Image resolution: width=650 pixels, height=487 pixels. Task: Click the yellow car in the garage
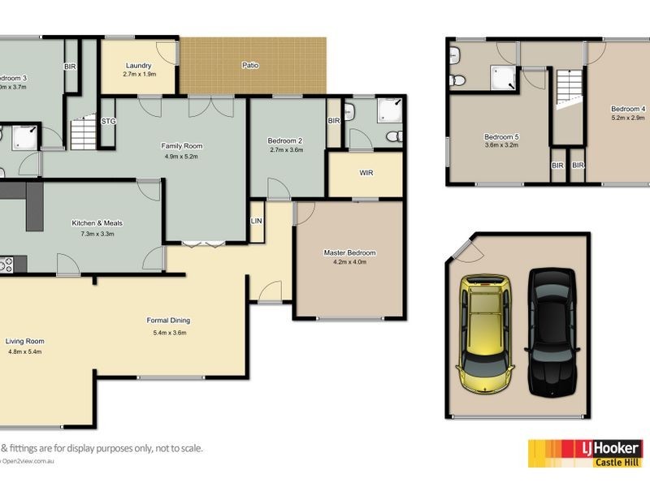486,334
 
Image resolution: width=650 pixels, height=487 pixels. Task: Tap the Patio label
250,65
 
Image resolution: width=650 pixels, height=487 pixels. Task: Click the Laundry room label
138,66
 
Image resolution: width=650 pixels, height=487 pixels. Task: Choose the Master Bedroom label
349,252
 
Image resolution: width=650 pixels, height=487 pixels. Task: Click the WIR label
366,173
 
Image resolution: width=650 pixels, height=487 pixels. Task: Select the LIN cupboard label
257,221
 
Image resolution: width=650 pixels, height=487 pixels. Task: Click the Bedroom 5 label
501,137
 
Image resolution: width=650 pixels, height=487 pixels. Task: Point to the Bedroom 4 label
627,109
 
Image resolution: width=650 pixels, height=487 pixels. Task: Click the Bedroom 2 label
285,140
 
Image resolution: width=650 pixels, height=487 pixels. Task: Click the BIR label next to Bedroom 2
333,121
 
